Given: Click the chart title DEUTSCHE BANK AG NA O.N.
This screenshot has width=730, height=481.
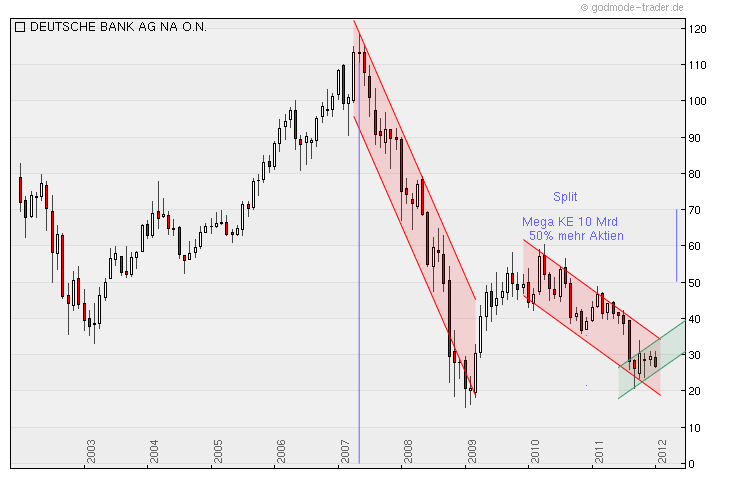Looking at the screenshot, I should coord(118,27).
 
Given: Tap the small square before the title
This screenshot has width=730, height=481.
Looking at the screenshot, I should coord(20,27).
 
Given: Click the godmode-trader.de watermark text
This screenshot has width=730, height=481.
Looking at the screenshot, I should coord(637,7).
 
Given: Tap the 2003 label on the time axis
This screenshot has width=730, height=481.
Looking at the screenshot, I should coord(90,451).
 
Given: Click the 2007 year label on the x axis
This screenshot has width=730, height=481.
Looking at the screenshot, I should coord(345,451).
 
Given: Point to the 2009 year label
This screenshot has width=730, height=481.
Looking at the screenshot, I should coord(472,451).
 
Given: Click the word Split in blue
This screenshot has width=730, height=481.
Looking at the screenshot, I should coord(565,197).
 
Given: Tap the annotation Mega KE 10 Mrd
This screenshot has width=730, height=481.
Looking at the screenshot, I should coord(572,222).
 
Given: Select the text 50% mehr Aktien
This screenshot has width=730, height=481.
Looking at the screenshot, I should coord(576,236).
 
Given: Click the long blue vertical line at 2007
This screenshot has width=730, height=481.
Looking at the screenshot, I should coord(359,300).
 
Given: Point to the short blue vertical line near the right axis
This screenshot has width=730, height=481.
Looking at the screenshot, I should coord(677,245).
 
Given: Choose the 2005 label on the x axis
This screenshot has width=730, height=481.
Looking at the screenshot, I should coord(217,451).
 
